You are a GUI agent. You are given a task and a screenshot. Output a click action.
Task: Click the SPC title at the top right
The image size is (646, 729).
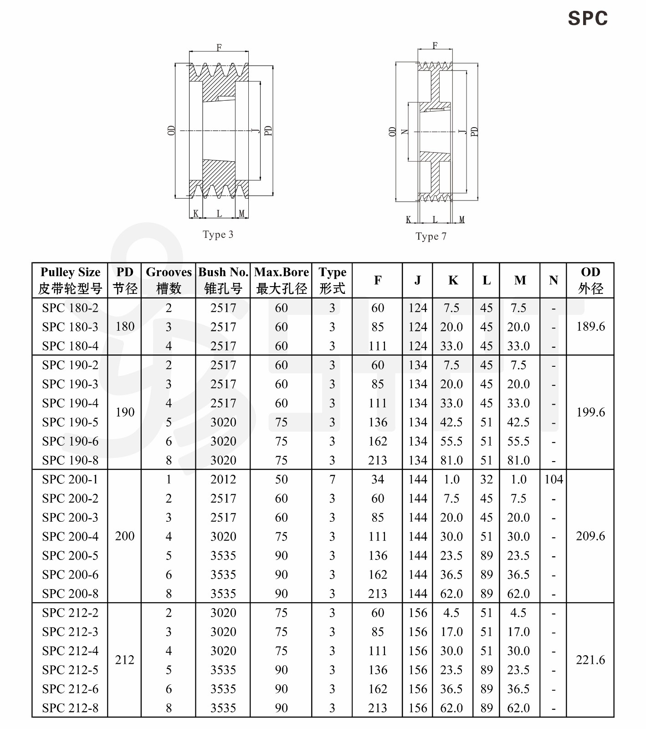pyautogui.click(x=587, y=19)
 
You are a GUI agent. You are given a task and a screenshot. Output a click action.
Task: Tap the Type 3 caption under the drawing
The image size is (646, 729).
pyautogui.click(x=218, y=235)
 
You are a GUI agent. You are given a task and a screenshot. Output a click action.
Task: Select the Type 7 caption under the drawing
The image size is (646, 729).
pyautogui.click(x=431, y=236)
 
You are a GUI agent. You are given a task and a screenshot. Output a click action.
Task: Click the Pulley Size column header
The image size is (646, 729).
pyautogui.click(x=70, y=280)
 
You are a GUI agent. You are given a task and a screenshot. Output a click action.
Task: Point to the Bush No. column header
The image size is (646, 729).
pyautogui.click(x=223, y=280)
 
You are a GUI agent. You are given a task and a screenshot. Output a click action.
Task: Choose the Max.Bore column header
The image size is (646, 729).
pyautogui.click(x=281, y=280)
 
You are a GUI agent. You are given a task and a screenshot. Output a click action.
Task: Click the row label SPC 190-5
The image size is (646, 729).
pyautogui.click(x=70, y=422)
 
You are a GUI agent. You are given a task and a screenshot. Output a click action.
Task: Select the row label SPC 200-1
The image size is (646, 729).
pyautogui.click(x=70, y=479)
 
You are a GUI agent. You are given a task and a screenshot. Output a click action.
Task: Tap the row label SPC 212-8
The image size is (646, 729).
pyautogui.click(x=70, y=708)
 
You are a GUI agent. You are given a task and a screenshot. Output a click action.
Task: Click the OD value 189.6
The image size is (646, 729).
pyautogui.click(x=590, y=327)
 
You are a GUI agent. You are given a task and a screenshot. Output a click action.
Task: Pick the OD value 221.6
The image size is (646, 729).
pyautogui.click(x=590, y=660)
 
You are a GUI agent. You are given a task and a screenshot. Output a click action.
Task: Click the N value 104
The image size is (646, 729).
pyautogui.click(x=554, y=479)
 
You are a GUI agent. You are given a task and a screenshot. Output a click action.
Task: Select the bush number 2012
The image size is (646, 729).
pyautogui.click(x=223, y=479)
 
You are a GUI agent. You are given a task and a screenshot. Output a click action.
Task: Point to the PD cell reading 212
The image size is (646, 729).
pyautogui.click(x=125, y=660)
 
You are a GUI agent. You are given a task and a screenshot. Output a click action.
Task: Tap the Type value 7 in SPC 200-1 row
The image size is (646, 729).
pyautogui.click(x=332, y=479)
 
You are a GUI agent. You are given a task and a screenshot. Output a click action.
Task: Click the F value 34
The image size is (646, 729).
pyautogui.click(x=378, y=479)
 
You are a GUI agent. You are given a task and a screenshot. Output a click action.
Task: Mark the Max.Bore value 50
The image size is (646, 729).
pyautogui.click(x=281, y=479)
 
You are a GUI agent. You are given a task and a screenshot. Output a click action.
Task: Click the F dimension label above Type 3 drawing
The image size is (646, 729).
pyautogui.click(x=219, y=47)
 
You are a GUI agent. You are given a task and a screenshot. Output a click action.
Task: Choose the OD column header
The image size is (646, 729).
pyautogui.click(x=590, y=280)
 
